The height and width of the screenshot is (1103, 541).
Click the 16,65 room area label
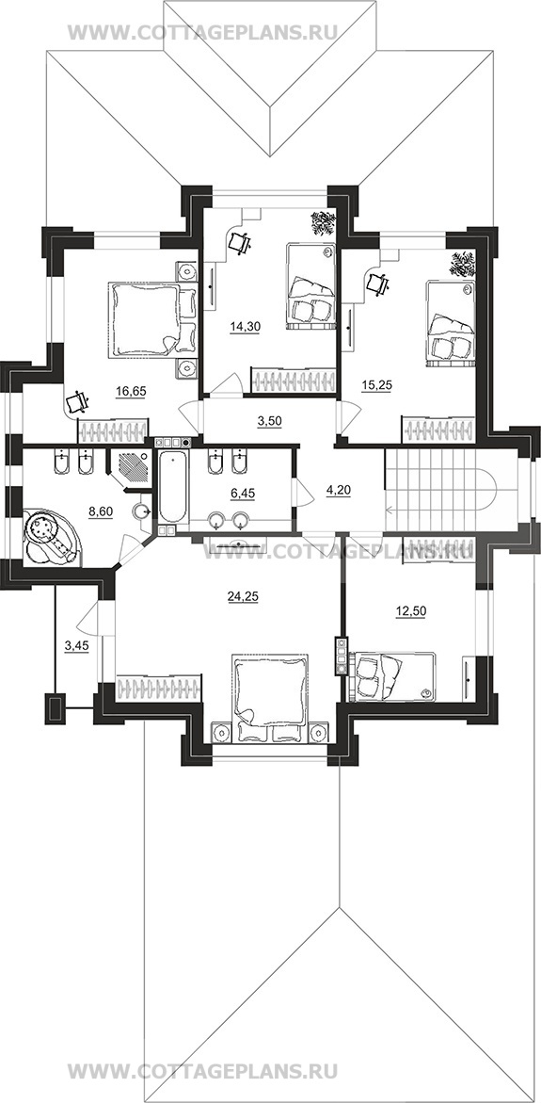tap(132, 392)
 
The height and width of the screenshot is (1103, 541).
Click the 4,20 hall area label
tap(337, 485)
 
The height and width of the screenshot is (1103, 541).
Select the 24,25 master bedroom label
tap(241, 597)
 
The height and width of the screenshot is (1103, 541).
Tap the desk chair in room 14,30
tap(241, 242)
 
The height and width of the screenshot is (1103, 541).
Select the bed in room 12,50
tap(391, 676)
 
